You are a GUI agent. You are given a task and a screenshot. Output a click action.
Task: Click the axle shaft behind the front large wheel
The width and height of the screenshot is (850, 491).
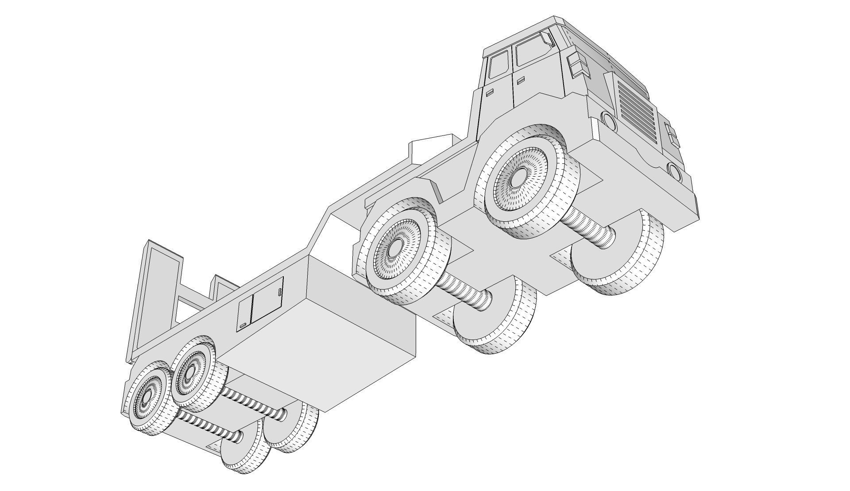pyautogui.click(x=589, y=228)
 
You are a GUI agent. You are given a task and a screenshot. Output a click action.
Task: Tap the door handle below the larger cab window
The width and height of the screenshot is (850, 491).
pyautogui.click(x=521, y=80)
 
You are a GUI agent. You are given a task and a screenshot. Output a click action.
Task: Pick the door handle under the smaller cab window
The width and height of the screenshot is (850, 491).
pyautogui.click(x=490, y=93)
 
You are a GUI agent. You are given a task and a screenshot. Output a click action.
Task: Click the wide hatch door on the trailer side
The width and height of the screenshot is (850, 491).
pyautogui.click(x=267, y=300)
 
